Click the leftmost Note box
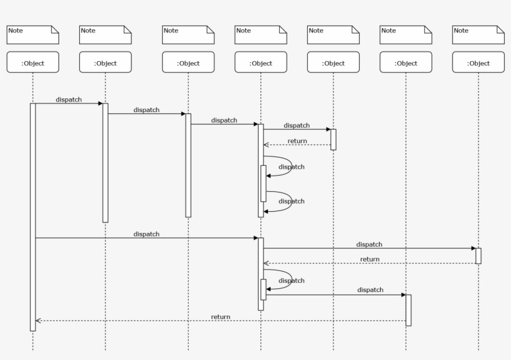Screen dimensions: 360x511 [x=33, y=35]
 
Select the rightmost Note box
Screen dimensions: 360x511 [x=479, y=35]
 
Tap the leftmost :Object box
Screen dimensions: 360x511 [x=33, y=62]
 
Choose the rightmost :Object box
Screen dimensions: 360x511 [x=479, y=62]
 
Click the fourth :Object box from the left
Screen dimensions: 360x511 [x=261, y=62]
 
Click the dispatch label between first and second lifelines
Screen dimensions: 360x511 [x=69, y=99]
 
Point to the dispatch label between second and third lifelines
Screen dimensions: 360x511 [x=146, y=110]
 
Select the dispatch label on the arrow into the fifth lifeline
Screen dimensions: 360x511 [x=297, y=125]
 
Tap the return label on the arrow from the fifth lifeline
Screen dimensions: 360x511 [x=297, y=141]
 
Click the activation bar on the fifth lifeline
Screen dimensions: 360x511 [x=333, y=140]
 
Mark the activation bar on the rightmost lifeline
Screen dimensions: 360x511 [x=479, y=255]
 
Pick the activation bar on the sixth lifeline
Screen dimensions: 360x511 [x=408, y=310]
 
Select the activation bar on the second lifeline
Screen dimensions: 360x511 [x=105, y=162]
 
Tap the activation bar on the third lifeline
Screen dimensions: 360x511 [x=188, y=165]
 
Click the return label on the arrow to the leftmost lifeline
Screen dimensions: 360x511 [x=221, y=316]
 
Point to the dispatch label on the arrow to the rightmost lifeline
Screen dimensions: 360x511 [x=370, y=244]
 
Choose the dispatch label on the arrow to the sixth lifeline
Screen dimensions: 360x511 [x=370, y=290]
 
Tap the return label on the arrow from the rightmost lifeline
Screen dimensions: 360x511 [x=370, y=259]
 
